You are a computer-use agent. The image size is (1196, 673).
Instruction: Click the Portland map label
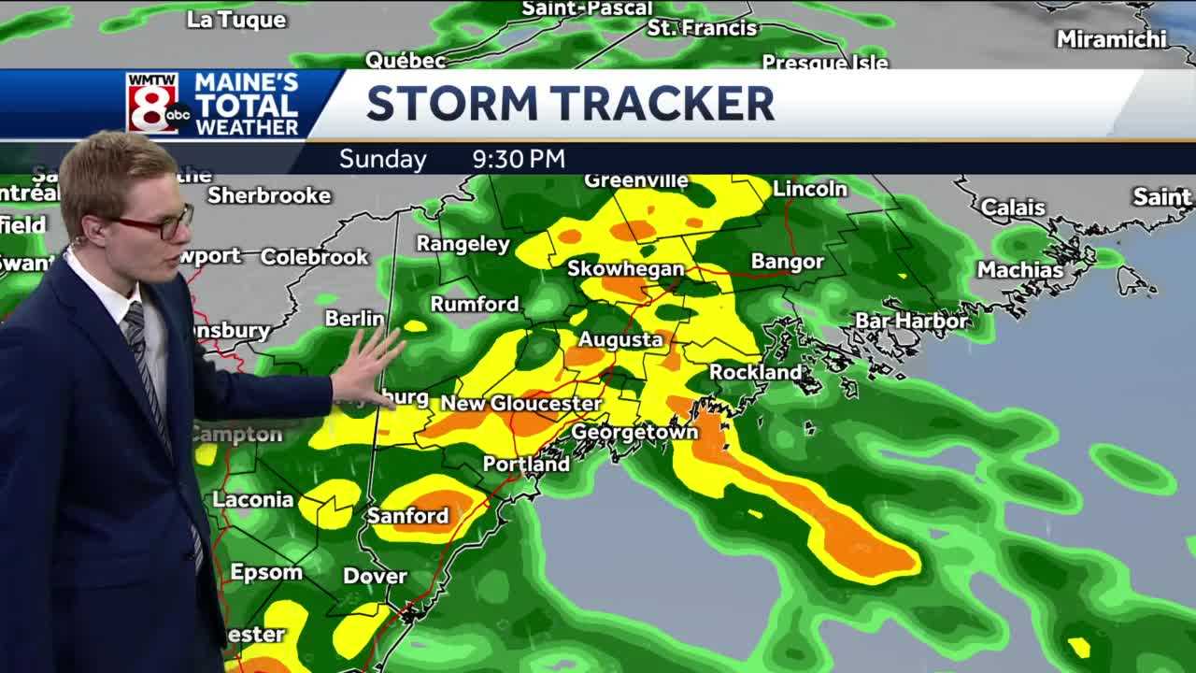pos(526,464)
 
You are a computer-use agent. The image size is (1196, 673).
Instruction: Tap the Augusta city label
pos(620,339)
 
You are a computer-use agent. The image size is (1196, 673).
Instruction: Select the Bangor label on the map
pos(787,262)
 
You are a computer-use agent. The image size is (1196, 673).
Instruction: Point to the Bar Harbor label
pos(911,321)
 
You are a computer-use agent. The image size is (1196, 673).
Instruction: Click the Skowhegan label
pos(626,268)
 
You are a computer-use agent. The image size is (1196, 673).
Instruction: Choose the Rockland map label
pos(755,372)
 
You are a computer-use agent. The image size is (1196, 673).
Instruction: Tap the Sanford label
pos(407,515)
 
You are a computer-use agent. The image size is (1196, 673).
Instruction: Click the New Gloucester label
pos(520,403)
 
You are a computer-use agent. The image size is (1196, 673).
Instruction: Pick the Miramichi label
pos(1111,38)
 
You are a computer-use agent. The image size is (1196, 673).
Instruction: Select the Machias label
pos(1019,269)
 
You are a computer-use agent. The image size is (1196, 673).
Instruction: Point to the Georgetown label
pos(634,432)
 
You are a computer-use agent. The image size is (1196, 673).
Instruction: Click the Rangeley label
pos(463,244)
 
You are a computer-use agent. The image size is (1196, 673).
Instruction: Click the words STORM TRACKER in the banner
pos(570,104)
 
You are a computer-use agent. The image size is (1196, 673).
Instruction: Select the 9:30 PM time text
pos(519,159)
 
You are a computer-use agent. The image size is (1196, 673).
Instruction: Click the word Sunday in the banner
pos(382,159)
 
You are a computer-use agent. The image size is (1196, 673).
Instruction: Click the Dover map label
pos(375,576)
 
